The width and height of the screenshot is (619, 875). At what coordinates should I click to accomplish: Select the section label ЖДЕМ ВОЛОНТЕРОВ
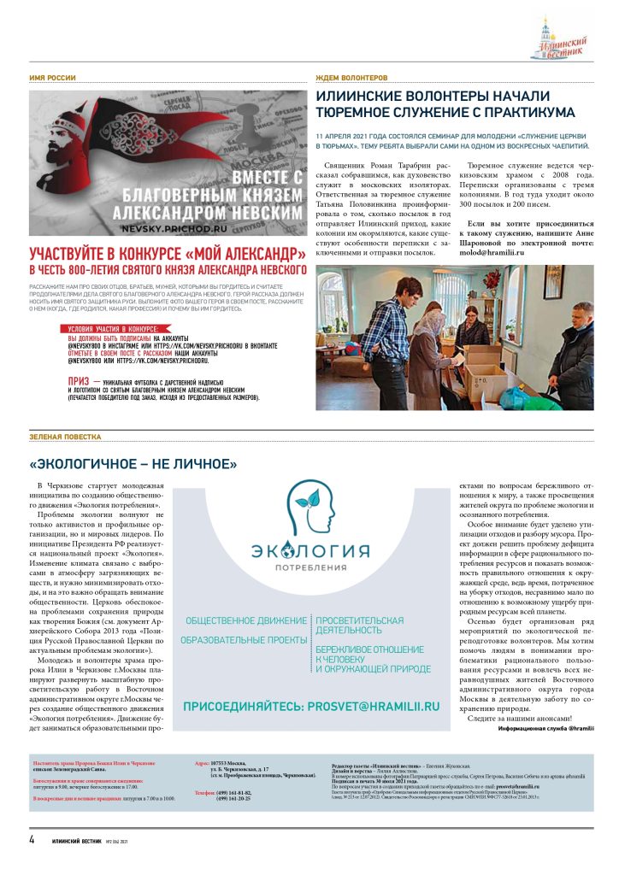pyautogui.click(x=351, y=78)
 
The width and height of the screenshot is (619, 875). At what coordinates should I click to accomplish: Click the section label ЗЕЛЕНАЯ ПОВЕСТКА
pyautogui.click(x=65, y=437)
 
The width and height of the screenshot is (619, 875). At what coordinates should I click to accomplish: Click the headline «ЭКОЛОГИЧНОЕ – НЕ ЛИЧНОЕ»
pyautogui.click(x=133, y=465)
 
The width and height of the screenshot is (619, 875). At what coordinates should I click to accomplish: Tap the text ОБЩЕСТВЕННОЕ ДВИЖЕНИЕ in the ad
pyautogui.click(x=246, y=620)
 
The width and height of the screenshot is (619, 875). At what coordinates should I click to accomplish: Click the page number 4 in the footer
pyautogui.click(x=32, y=840)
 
